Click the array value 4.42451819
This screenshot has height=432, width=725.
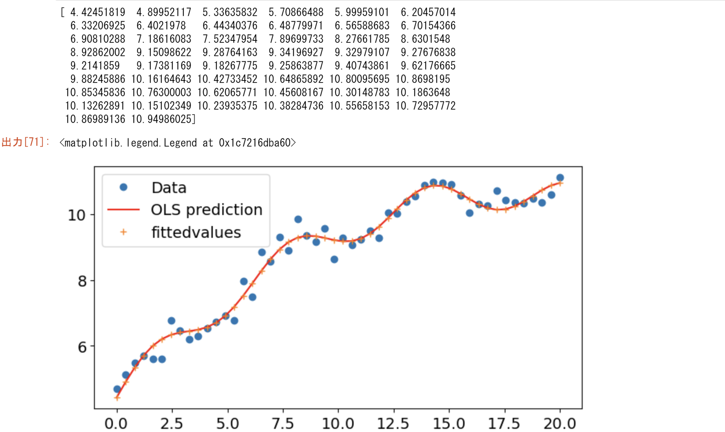pyautogui.click(x=98, y=12)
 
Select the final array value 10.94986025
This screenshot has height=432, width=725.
pyautogui.click(x=163, y=119)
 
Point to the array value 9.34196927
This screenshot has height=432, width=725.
pyautogui.click(x=296, y=52)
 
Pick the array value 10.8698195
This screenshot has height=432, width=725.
pyautogui.click(x=423, y=79)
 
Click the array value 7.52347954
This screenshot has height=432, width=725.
pyautogui.click(x=230, y=39)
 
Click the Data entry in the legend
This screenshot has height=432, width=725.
pyautogui.click(x=169, y=188)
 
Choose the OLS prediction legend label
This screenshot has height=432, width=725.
pyautogui.click(x=207, y=210)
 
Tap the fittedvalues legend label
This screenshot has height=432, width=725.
pyautogui.click(x=196, y=232)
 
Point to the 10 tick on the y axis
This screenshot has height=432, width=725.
pyautogui.click(x=77, y=215)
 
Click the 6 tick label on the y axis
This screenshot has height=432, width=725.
pyautogui.click(x=82, y=347)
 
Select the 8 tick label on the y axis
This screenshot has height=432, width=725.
pyautogui.click(x=82, y=281)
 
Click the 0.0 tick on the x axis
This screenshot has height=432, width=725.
pyautogui.click(x=116, y=424)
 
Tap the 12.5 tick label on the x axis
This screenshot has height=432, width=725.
pyautogui.click(x=393, y=424)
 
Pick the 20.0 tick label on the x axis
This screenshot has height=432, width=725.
pyautogui.click(x=560, y=424)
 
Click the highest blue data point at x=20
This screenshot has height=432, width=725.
pyautogui.click(x=560, y=178)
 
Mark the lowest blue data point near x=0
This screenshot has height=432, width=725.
pyautogui.click(x=117, y=389)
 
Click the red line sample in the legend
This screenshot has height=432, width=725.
pyautogui.click(x=124, y=210)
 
